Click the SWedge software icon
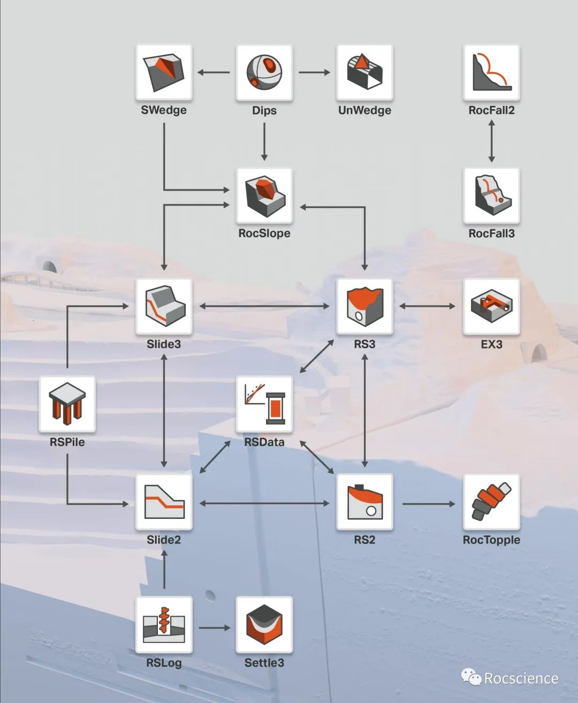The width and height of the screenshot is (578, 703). [x=164, y=72]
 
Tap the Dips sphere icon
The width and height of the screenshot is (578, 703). [x=264, y=72]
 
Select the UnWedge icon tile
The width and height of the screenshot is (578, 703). [x=364, y=72]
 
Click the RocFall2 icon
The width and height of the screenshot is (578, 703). [x=491, y=72]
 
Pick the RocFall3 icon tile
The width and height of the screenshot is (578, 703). [x=491, y=195]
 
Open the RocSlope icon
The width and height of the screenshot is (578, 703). [x=264, y=195]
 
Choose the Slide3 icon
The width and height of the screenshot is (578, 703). [x=164, y=306]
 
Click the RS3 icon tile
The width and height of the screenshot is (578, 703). [x=364, y=306]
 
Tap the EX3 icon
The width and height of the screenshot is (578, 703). [x=491, y=306]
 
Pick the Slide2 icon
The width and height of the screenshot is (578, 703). [x=164, y=502]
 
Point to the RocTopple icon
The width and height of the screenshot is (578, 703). [x=491, y=502]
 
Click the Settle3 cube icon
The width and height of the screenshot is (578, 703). [x=264, y=625]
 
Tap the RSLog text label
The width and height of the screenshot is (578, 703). [x=164, y=663]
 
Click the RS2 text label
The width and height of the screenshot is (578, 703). [x=364, y=540]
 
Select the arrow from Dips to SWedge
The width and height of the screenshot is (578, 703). [x=214, y=72]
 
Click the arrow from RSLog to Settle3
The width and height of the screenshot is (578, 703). [x=214, y=628]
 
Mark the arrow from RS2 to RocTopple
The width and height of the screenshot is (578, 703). [x=428, y=504]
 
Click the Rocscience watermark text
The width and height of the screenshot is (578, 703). [x=521, y=679]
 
